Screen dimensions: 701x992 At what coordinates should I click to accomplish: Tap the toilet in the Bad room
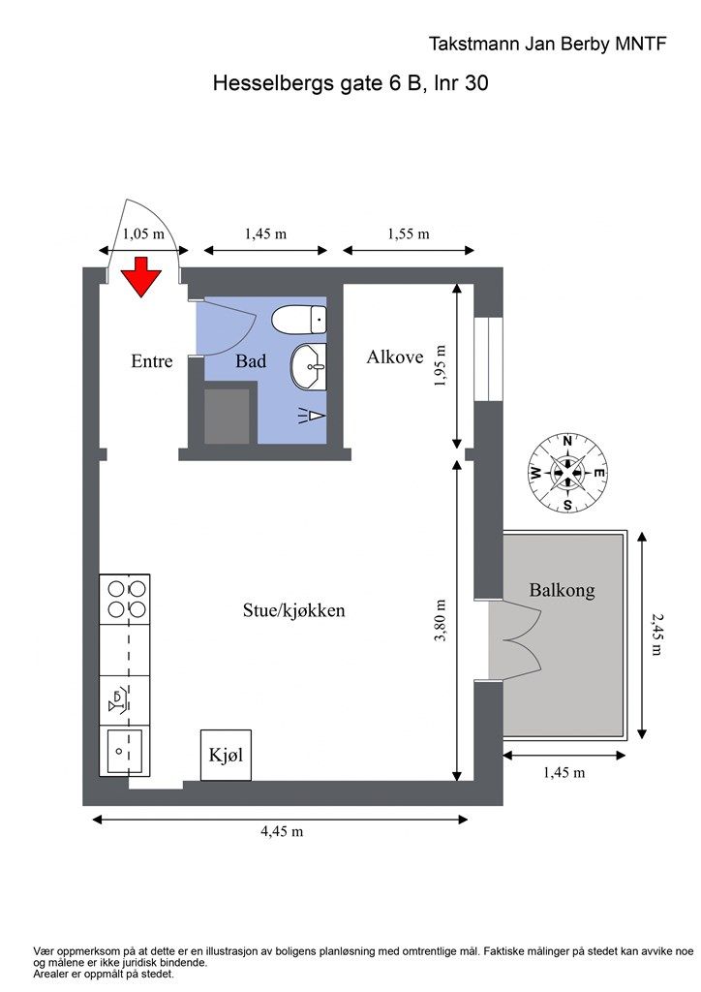299,320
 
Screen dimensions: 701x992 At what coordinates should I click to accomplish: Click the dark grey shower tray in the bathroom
227,417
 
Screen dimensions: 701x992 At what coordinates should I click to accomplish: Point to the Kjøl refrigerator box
227,755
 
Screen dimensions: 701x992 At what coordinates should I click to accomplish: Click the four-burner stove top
125,599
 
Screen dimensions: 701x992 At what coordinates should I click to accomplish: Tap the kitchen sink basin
125,751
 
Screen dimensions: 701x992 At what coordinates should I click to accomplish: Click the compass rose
567,473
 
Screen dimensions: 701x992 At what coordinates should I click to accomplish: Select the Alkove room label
395,356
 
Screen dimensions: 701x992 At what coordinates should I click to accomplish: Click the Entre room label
152,360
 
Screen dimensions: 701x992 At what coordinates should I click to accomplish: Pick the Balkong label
562,590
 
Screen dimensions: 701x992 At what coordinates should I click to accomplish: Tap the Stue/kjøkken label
294,610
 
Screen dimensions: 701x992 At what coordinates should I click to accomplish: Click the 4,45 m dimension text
282,831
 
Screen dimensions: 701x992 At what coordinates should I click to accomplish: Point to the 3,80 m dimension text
441,621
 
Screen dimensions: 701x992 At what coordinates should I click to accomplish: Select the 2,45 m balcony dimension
657,635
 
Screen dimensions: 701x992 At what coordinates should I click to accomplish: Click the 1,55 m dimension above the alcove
409,234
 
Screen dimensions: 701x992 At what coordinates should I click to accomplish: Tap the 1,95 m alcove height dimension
441,365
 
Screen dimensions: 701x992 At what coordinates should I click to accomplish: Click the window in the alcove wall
488,358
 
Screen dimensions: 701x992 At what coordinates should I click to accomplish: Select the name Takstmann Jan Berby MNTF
547,44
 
